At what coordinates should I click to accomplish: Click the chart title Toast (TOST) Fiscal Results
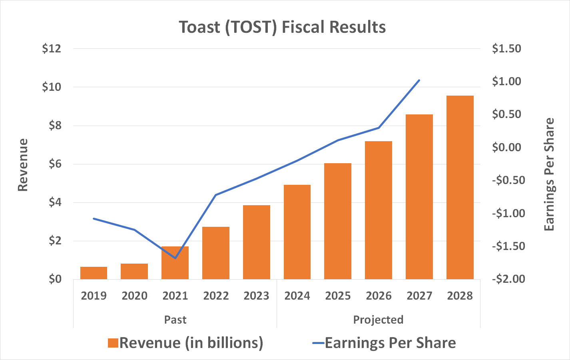click(282, 27)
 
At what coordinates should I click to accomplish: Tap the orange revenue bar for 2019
click(94, 273)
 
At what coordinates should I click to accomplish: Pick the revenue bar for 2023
click(257, 242)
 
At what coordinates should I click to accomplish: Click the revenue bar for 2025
click(338, 221)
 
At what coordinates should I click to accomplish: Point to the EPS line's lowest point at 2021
click(175, 258)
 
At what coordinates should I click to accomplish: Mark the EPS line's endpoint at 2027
click(419, 80)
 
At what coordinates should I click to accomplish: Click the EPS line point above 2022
click(216, 195)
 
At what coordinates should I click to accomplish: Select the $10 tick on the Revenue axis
click(52, 87)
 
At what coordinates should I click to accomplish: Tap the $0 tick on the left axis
click(55, 279)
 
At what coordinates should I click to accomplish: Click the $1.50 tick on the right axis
click(506, 49)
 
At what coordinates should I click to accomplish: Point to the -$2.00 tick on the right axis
click(508, 279)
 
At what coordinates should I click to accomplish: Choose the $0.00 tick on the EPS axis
click(506, 147)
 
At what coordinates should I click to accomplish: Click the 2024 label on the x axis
click(297, 296)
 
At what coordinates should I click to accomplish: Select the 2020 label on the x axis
click(134, 296)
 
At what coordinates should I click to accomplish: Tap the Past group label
click(175, 320)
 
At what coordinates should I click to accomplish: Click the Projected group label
click(378, 320)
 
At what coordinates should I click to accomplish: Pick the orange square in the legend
click(113, 343)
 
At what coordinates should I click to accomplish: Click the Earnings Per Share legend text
click(390, 343)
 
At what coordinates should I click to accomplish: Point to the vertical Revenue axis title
click(23, 165)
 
